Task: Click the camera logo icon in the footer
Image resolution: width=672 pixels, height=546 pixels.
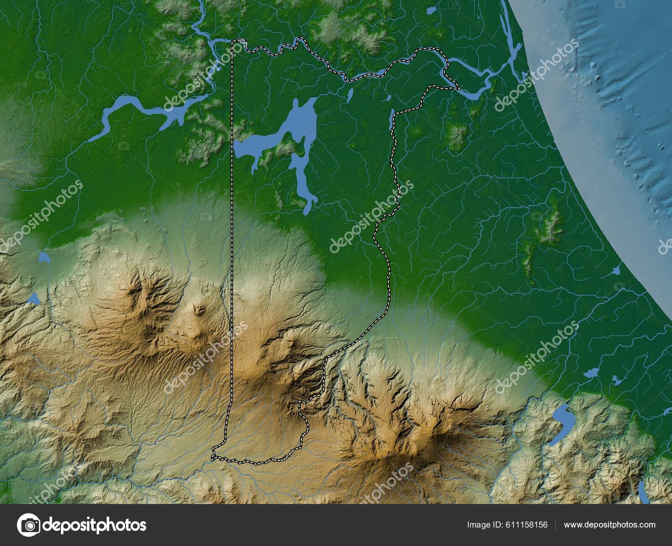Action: click(29, 525)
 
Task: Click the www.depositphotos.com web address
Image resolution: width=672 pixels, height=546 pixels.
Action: click(610, 525)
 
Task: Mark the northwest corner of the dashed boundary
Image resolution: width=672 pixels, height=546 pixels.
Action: click(233, 41)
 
